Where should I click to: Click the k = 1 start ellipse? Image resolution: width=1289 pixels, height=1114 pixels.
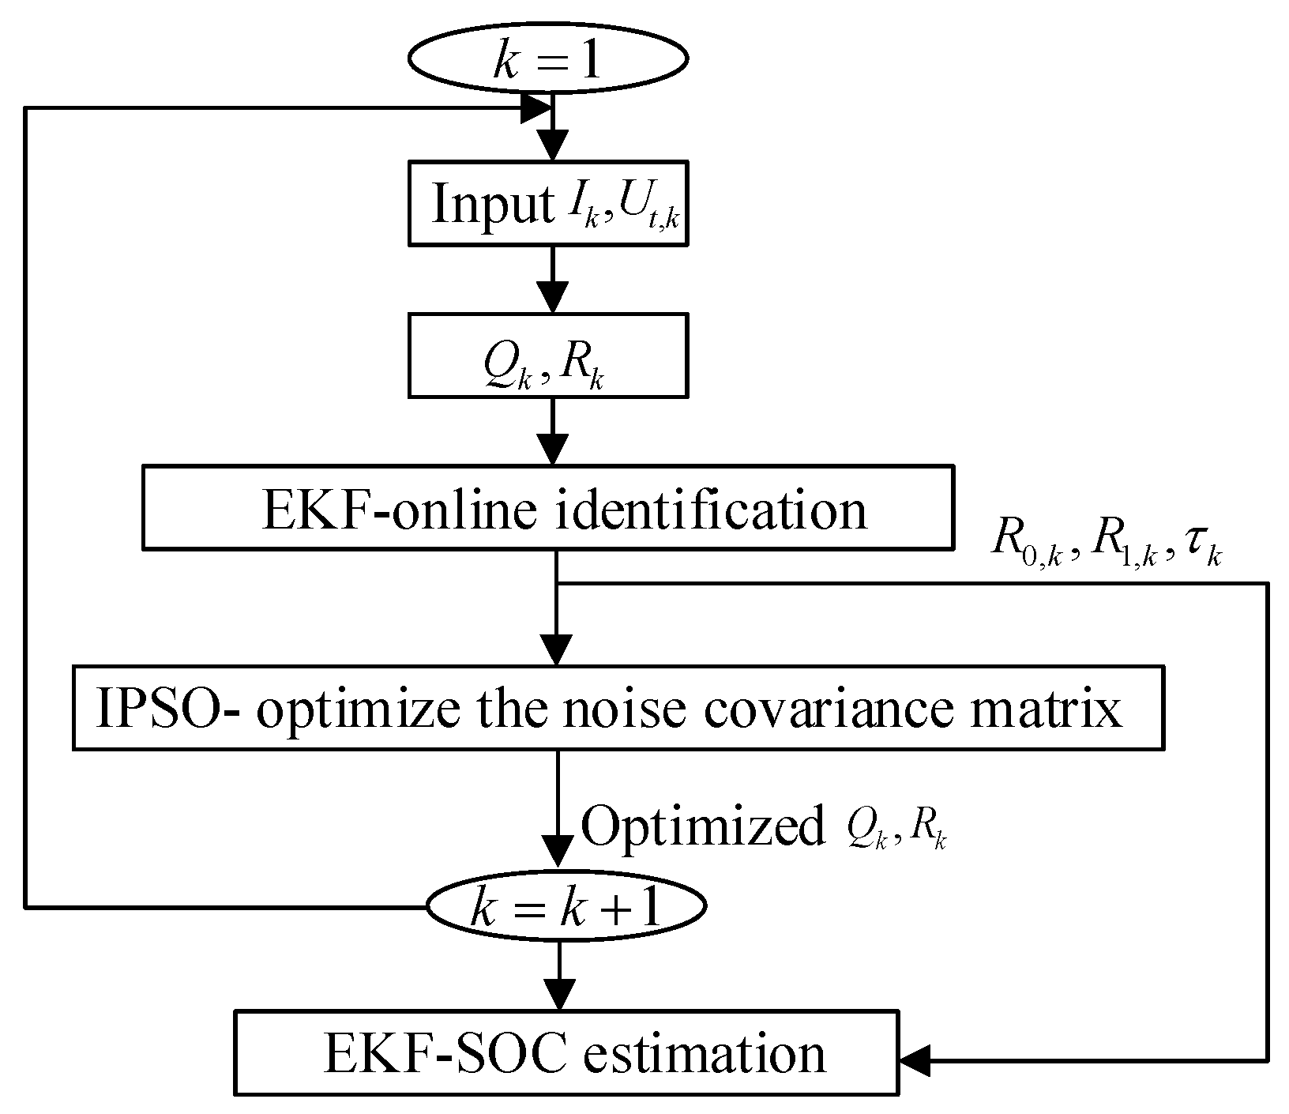tap(548, 58)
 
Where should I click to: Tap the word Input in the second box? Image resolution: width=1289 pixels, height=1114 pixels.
tap(493, 205)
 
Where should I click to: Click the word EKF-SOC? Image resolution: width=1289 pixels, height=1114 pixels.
tap(445, 1053)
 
